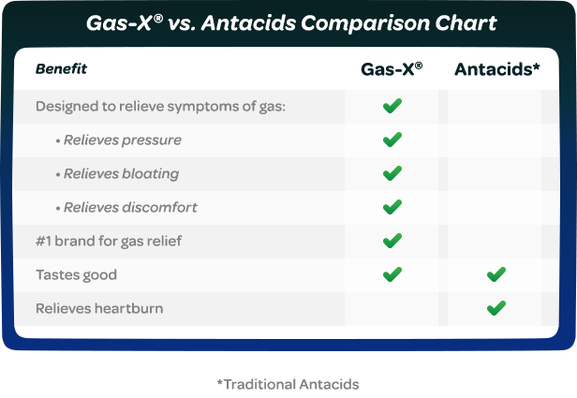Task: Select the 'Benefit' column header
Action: point(61,69)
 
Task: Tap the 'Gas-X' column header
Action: point(392,69)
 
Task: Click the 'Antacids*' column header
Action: point(496,69)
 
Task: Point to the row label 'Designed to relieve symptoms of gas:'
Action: point(160,106)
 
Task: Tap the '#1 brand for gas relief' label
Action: point(109,241)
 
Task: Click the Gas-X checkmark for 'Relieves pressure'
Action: point(392,140)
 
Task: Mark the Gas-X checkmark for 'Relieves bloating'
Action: point(392,173)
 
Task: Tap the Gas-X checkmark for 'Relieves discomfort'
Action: point(392,207)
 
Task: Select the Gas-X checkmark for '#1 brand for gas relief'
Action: point(392,241)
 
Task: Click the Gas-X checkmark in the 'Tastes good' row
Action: point(392,274)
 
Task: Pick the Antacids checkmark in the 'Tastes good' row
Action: point(496,274)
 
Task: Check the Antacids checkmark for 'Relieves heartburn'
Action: point(496,307)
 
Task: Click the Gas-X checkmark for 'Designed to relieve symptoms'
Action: point(392,106)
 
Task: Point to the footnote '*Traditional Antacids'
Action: point(288,384)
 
